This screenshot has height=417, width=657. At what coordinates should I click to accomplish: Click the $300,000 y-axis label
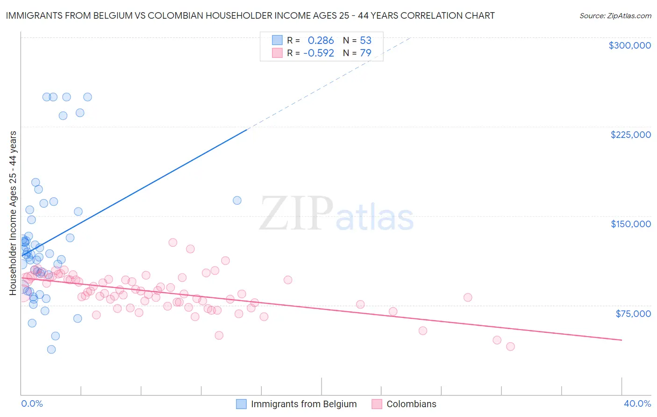tap(629, 45)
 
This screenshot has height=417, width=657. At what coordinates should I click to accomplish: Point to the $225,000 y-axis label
tap(630, 135)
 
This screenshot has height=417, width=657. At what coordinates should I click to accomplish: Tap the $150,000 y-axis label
tap(630, 224)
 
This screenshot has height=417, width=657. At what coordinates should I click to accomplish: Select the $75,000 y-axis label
tap(633, 314)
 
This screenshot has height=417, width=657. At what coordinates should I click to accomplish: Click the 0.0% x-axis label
tap(32, 403)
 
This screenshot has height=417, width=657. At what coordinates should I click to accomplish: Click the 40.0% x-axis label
tap(637, 403)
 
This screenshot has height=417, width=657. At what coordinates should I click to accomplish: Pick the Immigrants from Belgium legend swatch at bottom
tap(241, 404)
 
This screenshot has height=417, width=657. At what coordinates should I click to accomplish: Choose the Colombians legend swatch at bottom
tap(377, 404)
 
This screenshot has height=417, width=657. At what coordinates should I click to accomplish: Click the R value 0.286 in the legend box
tap(321, 40)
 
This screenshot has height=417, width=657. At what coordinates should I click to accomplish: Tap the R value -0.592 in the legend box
tap(319, 53)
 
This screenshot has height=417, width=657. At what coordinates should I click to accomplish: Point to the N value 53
tap(365, 40)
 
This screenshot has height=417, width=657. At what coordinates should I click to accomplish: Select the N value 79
tap(365, 53)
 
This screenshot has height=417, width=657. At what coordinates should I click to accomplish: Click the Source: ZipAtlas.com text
tap(615, 15)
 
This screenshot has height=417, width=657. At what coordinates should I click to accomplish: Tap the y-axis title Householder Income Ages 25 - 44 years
tap(13, 213)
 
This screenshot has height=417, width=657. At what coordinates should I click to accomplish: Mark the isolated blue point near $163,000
tap(237, 201)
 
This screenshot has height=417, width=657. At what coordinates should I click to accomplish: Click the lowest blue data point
tap(51, 349)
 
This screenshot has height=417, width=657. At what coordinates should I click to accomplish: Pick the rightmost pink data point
tap(510, 346)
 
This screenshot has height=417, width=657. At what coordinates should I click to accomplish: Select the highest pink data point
tap(172, 242)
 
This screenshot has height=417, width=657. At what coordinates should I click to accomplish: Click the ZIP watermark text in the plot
tap(296, 214)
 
